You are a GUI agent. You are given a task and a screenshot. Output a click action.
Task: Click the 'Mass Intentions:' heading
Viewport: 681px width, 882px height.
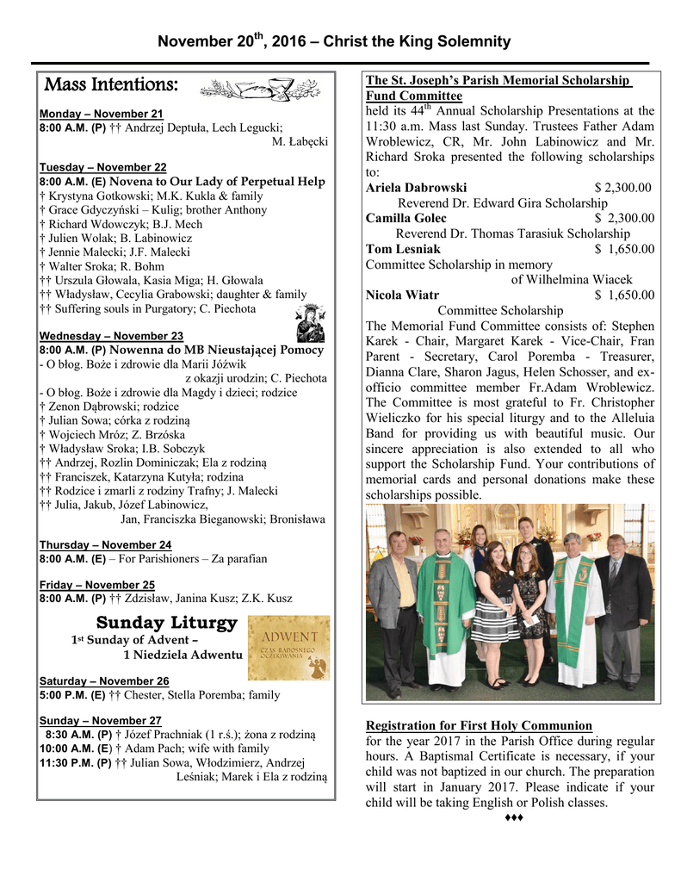click(x=111, y=85)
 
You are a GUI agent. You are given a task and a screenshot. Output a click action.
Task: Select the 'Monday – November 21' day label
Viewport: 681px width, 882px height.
click(x=101, y=114)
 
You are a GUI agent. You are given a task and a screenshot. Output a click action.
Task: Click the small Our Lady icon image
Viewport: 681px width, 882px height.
click(x=307, y=323)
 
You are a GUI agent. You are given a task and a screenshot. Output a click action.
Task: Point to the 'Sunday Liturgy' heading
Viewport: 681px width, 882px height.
click(x=166, y=622)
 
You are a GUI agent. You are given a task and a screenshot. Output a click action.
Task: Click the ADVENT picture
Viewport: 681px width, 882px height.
click(x=288, y=648)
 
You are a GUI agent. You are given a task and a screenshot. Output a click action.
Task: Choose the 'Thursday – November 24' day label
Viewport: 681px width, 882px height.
click(x=105, y=544)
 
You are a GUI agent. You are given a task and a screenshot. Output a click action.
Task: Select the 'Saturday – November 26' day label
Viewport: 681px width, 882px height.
click(x=104, y=680)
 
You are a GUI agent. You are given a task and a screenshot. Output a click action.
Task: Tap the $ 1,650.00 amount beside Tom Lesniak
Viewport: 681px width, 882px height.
click(x=624, y=250)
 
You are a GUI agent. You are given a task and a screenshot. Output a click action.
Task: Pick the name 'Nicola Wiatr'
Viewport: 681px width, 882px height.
click(x=402, y=295)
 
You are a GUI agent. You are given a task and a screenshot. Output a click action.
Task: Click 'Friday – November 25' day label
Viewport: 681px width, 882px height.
click(x=96, y=584)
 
